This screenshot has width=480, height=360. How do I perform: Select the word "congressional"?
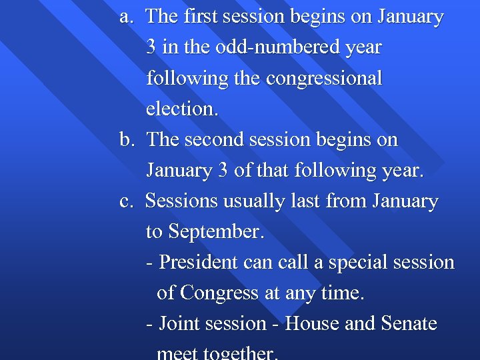tap(324, 79)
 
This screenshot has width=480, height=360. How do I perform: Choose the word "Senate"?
tap(409, 324)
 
